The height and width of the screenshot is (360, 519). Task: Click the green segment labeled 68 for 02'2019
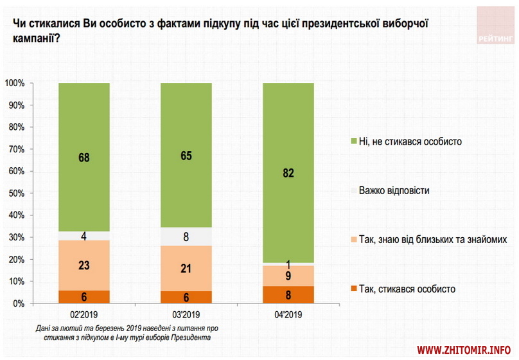pyautogui.click(x=84, y=157)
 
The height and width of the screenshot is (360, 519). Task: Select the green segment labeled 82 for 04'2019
pyautogui.click(x=288, y=172)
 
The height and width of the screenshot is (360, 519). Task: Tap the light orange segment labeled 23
pyautogui.click(x=84, y=265)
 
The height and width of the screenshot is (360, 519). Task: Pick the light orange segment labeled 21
pyautogui.click(x=186, y=268)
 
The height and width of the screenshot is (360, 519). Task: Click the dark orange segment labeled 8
pyautogui.click(x=288, y=295)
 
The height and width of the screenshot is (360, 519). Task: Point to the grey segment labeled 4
pyautogui.click(x=84, y=235)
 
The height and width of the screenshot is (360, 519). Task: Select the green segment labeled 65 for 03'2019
pyautogui.click(x=186, y=155)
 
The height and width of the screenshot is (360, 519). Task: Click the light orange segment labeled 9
pyautogui.click(x=288, y=276)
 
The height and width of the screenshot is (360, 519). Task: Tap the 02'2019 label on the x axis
pyautogui.click(x=84, y=315)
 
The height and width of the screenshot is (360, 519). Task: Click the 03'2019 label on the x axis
pyautogui.click(x=186, y=315)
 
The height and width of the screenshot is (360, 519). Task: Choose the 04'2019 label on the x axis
pyautogui.click(x=288, y=315)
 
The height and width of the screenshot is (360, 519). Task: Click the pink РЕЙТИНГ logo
pyautogui.click(x=497, y=26)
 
